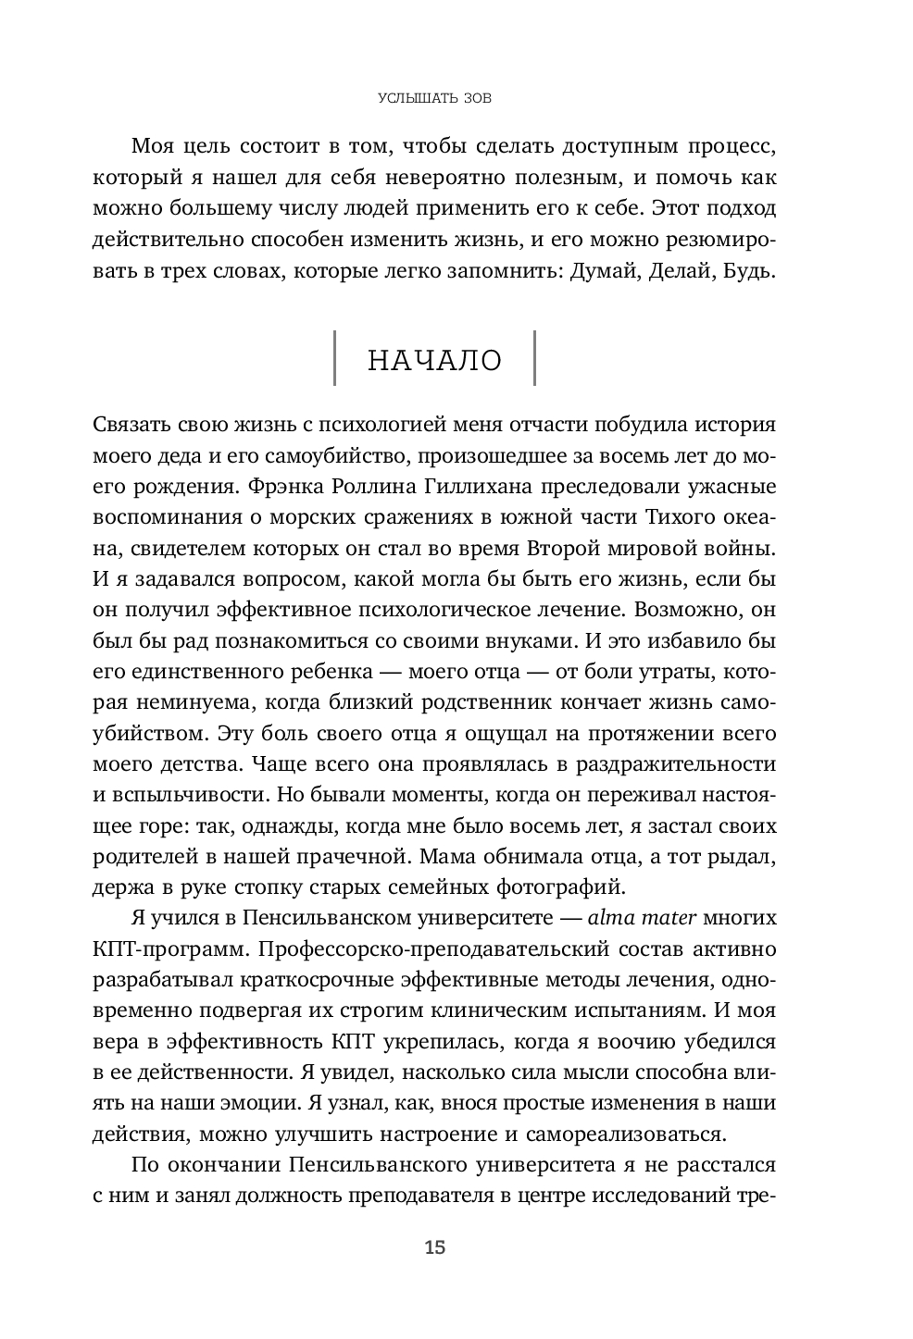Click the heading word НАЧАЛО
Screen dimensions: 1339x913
click(434, 360)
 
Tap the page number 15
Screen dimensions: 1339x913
click(434, 1247)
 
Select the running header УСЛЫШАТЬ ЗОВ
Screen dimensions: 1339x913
click(434, 97)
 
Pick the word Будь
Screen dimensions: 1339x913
click(744, 274)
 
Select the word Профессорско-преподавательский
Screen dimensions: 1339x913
click(429, 949)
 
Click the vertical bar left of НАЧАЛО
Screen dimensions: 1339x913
click(334, 358)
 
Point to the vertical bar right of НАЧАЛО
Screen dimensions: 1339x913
click(533, 358)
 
